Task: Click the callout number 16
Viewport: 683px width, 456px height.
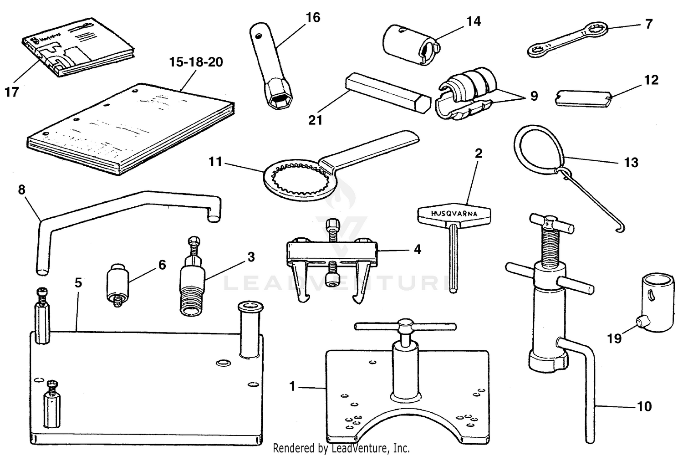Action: [x=313, y=18]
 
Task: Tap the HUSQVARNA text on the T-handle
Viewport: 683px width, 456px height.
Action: [x=454, y=213]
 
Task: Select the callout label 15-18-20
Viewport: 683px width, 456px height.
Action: [x=196, y=62]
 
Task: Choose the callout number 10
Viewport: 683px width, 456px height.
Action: [x=644, y=406]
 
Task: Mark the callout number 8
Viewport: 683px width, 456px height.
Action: [x=21, y=190]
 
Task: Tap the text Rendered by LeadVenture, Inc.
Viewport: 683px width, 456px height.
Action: [x=341, y=448]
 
